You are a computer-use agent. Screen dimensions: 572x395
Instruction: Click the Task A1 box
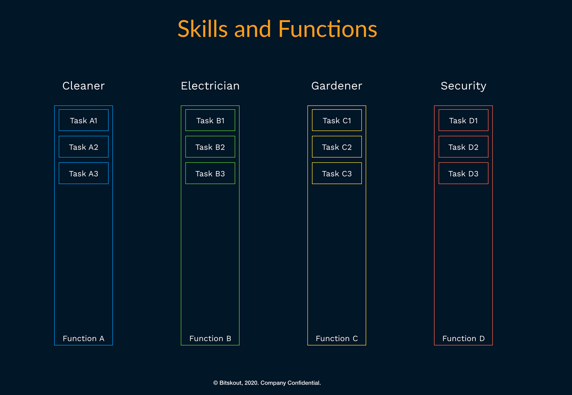coord(83,120)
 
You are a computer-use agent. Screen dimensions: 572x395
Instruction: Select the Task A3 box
coord(83,173)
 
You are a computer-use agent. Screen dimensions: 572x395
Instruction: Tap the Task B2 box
coord(210,147)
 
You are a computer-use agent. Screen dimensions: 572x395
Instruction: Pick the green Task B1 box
coord(210,120)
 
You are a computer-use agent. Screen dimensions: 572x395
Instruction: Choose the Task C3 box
coord(337,173)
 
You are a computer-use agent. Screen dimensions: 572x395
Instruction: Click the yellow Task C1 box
coord(337,120)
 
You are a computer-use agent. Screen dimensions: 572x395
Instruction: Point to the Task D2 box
coord(463,147)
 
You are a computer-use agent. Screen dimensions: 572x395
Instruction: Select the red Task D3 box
coord(463,173)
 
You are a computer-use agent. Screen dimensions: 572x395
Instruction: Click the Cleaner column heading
coord(83,85)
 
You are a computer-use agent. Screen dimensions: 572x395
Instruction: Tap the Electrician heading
coord(210,85)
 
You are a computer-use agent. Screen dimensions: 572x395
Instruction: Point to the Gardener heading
coord(337,85)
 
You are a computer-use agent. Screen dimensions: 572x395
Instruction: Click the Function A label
coord(83,339)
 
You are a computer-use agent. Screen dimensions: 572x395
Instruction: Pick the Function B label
coord(210,339)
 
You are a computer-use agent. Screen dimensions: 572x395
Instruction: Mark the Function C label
coord(337,339)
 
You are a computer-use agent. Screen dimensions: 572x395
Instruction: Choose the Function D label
coord(463,339)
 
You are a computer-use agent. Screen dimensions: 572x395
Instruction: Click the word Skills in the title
coord(203,29)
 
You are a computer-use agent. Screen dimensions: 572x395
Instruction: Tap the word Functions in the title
coord(327,29)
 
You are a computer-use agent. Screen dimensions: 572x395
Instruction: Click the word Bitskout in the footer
coord(231,383)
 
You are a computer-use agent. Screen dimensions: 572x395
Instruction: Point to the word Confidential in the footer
coord(304,383)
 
